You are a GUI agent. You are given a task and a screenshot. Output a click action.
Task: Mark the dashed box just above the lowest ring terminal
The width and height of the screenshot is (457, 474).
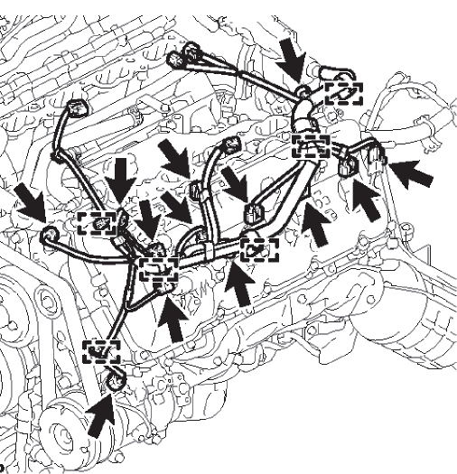(101, 350)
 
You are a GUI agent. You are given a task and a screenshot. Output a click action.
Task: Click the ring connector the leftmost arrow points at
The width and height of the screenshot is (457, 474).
(51, 237)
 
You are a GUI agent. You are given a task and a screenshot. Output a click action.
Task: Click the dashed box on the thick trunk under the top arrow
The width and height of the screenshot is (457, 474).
(311, 144)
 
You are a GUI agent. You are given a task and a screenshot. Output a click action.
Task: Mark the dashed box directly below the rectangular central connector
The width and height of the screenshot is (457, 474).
(259, 244)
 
